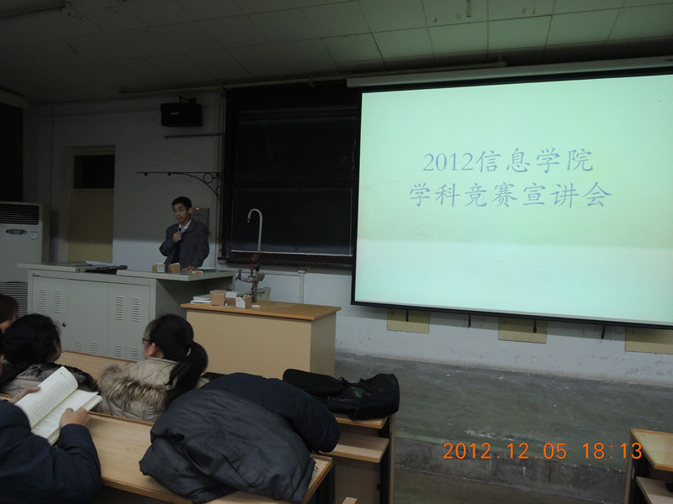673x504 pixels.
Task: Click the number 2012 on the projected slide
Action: [x=449, y=162]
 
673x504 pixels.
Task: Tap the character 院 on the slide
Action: [x=580, y=161]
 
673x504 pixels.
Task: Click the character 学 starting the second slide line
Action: [x=421, y=195]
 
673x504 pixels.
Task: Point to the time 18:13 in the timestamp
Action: [x=612, y=451]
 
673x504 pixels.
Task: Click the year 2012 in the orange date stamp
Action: [x=468, y=451]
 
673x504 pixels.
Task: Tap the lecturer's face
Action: [x=181, y=210]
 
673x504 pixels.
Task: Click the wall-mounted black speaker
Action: [x=181, y=114]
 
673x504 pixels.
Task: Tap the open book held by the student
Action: [x=56, y=403]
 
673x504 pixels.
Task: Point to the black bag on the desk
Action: [x=343, y=394]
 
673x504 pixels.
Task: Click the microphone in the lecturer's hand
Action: [x=180, y=232]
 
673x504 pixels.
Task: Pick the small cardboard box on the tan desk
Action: [x=243, y=302]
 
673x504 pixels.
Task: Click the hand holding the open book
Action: [x=73, y=417]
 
